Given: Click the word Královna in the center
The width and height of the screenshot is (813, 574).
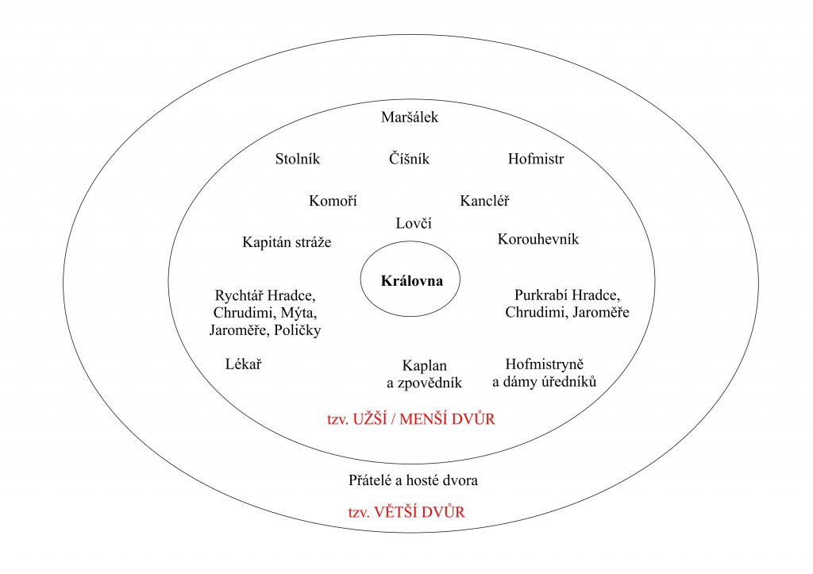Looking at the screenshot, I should (410, 282).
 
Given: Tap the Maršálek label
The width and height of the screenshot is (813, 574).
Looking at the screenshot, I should (410, 118).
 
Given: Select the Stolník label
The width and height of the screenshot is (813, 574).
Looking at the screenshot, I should (297, 159).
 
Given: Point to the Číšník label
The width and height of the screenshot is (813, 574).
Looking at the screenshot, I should (410, 159).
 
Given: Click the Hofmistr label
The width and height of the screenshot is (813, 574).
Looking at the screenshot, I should (536, 159).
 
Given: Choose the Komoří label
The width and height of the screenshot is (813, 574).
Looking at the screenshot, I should (333, 201).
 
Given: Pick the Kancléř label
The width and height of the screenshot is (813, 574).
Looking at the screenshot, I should (484, 201).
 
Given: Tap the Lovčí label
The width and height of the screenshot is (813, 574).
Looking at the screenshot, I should (413, 224).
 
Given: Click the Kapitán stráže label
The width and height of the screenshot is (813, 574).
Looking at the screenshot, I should (287, 243).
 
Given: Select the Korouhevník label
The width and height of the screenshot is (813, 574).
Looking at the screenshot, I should (538, 240).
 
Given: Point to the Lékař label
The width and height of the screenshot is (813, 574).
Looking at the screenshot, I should (244, 364).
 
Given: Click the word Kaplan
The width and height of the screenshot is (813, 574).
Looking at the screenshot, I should (425, 366).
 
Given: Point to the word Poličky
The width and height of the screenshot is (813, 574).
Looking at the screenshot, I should (296, 330).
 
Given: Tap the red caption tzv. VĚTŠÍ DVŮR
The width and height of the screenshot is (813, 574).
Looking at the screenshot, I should (406, 512).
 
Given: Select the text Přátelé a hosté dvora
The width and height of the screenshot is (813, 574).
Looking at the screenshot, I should (413, 480).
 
